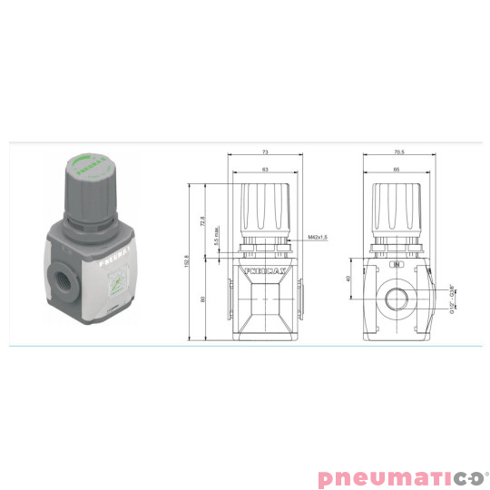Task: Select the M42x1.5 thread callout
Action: point(317,237)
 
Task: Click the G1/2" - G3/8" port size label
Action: point(452,296)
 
